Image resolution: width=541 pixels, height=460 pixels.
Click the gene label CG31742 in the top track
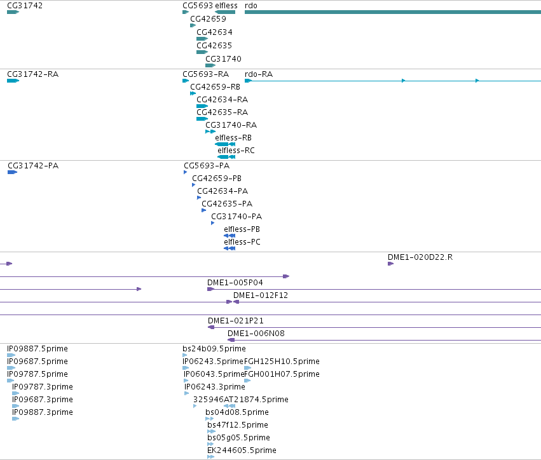tap(25, 6)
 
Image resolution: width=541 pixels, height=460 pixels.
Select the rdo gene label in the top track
tap(251, 6)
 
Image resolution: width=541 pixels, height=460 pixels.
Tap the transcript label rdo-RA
tap(259, 74)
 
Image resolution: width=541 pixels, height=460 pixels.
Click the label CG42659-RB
tap(216, 87)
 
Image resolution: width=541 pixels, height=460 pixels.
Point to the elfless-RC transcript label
tap(236, 151)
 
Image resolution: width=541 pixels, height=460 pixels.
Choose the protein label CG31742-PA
tap(33, 166)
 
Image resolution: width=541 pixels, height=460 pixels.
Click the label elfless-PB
tap(242, 229)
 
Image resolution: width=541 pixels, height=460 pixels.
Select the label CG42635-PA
tap(227, 204)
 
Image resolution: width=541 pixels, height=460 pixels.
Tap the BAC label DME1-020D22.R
tap(420, 257)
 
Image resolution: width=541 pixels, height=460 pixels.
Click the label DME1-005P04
tap(235, 283)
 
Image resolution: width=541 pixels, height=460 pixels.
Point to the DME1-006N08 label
tap(256, 334)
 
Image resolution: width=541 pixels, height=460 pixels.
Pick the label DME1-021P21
tap(236, 321)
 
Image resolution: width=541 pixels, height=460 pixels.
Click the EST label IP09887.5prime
tap(38, 349)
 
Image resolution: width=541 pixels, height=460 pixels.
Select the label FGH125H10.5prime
tap(282, 362)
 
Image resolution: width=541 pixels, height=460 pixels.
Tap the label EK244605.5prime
tap(242, 450)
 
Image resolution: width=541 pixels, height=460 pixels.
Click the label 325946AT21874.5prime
tap(241, 399)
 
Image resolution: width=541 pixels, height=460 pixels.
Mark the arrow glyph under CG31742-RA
tap(13, 81)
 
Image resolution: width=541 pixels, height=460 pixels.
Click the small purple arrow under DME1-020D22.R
tap(390, 264)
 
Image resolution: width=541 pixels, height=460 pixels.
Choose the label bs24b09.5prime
tap(214, 349)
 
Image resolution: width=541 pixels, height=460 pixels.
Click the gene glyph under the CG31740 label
tap(210, 65)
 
